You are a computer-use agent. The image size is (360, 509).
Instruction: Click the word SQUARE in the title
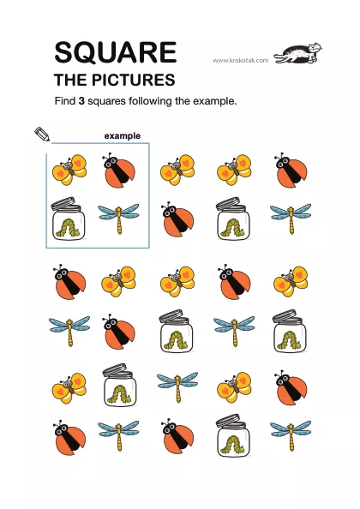(x=116, y=52)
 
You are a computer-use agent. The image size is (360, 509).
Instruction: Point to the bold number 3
(x=81, y=101)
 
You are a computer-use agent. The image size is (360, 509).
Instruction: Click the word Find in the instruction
(x=65, y=101)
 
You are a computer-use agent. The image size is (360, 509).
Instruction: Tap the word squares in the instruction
(x=106, y=102)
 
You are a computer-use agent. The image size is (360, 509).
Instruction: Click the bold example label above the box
(x=123, y=136)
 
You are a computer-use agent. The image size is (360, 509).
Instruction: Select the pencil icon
(x=42, y=134)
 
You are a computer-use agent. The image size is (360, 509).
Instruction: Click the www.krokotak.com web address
(x=241, y=60)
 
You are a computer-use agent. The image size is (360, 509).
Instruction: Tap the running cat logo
(x=298, y=53)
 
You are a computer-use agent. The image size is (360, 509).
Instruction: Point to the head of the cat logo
(x=315, y=48)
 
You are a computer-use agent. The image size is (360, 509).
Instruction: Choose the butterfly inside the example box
(x=69, y=170)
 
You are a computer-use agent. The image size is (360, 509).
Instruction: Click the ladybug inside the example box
(x=119, y=170)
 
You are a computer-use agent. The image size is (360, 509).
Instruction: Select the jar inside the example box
(x=69, y=219)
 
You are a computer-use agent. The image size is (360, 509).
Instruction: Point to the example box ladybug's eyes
(x=112, y=160)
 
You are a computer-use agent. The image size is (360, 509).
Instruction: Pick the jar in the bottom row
(x=233, y=435)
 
